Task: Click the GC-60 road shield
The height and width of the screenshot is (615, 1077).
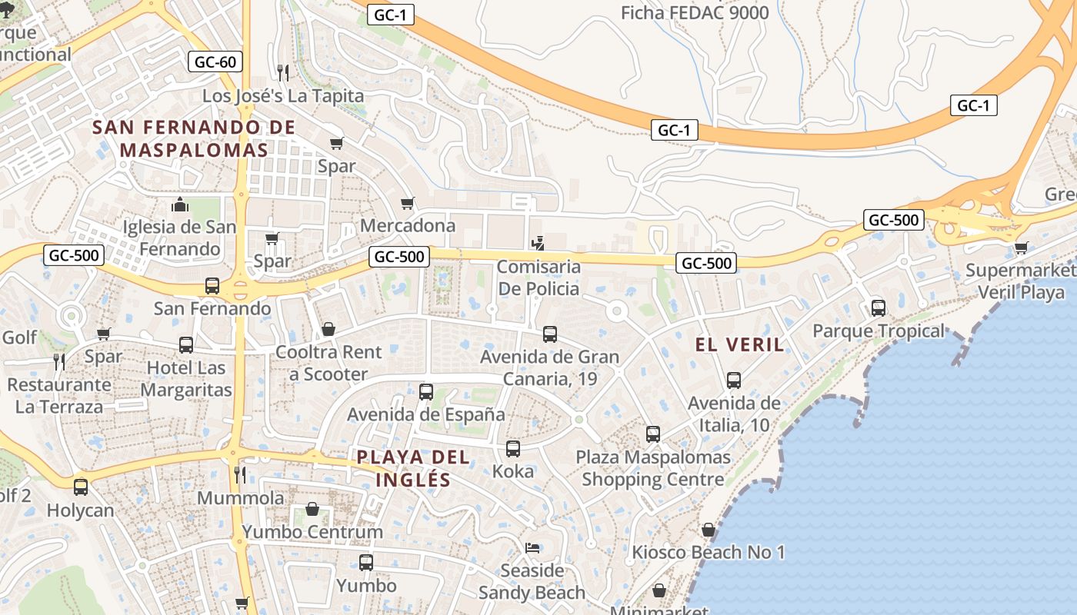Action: tap(215, 61)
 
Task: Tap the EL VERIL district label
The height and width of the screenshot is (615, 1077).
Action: tap(739, 344)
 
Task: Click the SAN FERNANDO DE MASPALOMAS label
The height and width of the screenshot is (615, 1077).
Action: tap(193, 138)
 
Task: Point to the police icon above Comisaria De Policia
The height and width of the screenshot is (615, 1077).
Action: tap(538, 244)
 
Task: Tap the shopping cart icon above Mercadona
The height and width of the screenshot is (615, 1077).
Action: tap(408, 203)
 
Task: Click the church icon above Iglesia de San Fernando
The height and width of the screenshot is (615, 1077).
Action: tap(179, 204)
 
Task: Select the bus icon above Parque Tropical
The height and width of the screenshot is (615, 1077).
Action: tap(878, 308)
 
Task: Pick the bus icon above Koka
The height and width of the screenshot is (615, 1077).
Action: tap(513, 449)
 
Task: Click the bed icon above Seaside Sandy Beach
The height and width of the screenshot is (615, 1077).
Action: tap(532, 547)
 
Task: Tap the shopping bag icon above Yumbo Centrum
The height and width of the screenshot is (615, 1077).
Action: tap(312, 509)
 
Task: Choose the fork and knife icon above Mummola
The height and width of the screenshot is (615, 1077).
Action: tap(240, 475)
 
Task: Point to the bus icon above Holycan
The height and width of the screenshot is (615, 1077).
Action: tap(80, 487)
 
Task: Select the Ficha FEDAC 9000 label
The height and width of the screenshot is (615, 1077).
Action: tap(694, 12)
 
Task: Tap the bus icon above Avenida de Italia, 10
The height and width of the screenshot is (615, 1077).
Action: tap(734, 380)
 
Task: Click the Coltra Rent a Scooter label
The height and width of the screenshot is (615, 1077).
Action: tap(328, 363)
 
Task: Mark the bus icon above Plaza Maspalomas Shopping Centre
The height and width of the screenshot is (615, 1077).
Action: tap(653, 434)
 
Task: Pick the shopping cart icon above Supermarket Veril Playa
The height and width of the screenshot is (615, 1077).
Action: tap(1021, 248)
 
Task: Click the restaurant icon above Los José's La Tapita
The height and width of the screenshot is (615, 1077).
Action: tap(282, 73)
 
